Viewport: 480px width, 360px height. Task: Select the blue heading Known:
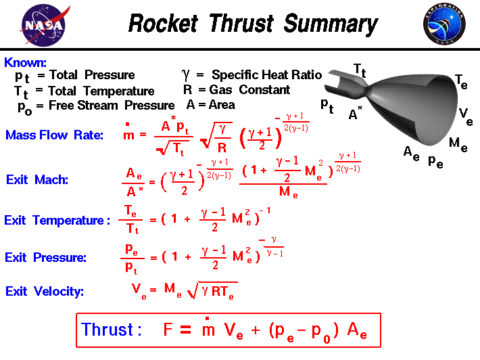(x=25, y=62)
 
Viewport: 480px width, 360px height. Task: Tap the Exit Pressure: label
(x=45, y=258)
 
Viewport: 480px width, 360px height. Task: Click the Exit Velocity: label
(x=45, y=292)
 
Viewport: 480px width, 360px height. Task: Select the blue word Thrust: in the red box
(x=112, y=330)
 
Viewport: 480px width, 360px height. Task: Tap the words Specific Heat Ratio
(x=266, y=74)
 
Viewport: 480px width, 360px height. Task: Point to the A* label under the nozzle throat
(x=356, y=115)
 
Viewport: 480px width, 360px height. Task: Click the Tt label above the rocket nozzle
(x=362, y=69)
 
